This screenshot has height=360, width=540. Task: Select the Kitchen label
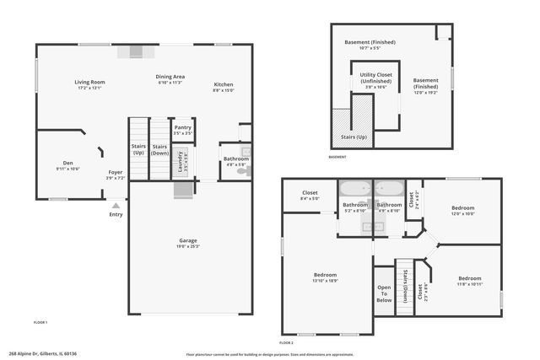224,84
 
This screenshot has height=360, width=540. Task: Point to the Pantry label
182,127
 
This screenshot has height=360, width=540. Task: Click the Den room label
67,163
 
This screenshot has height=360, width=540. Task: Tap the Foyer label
115,172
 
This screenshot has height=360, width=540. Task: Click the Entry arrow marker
116,204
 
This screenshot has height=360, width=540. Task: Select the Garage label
187,240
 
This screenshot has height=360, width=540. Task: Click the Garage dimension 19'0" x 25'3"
187,247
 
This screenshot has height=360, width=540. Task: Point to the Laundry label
181,160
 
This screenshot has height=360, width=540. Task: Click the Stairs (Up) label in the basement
354,136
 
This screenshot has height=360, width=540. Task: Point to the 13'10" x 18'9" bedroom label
326,275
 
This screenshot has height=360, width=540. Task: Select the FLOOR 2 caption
287,342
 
